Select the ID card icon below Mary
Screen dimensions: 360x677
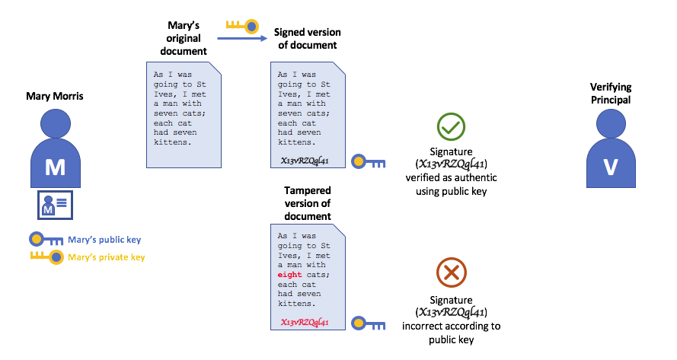(54, 205)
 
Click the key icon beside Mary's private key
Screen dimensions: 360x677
(47, 257)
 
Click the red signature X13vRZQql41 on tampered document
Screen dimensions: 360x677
(305, 323)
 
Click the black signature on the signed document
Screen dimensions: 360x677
(305, 161)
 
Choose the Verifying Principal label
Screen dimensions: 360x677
(610, 94)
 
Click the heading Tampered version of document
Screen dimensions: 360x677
(307, 203)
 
